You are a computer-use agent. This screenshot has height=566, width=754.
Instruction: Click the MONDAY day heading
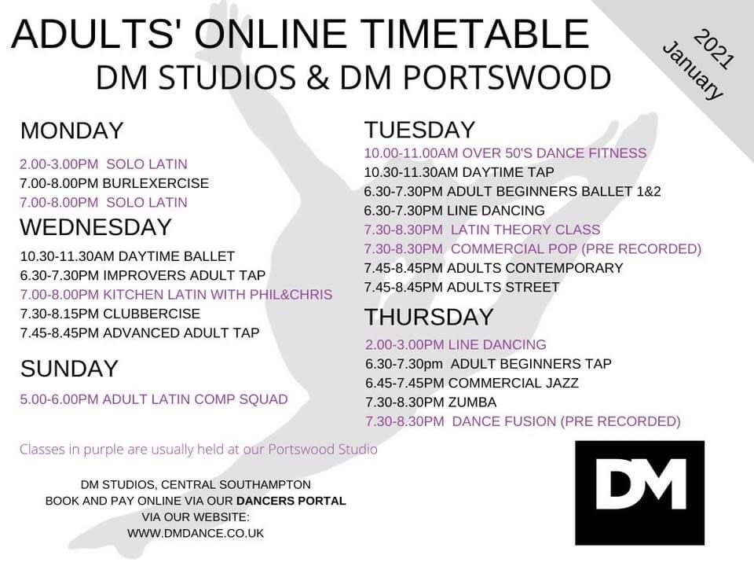coord(72,131)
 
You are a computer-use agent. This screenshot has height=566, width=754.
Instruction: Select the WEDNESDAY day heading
coord(96,227)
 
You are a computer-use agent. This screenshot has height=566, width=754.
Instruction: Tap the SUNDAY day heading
coord(69,369)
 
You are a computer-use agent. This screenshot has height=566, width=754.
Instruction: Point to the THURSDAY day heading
coord(429,317)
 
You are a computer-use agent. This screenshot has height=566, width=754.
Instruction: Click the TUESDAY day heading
coord(419,130)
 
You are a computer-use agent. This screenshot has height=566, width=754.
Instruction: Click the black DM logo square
coord(639,493)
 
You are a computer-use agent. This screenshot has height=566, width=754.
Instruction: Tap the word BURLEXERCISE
coord(156,183)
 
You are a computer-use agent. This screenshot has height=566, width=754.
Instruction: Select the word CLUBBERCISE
coord(152,314)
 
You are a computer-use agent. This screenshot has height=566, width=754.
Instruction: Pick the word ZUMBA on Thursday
coord(472,402)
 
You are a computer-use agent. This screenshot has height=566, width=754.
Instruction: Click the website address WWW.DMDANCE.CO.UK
coord(196,533)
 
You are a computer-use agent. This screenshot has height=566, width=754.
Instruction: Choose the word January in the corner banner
coord(694,72)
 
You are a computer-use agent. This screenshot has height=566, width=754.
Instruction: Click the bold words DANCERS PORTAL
coord(291,501)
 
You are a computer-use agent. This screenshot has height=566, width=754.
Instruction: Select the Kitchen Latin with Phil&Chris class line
coord(176,295)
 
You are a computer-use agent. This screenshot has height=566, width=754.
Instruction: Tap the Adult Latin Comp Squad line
coord(154,399)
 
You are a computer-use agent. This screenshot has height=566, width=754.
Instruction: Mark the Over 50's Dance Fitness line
coord(505,153)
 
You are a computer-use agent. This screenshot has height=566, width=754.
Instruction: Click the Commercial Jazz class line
coord(472,383)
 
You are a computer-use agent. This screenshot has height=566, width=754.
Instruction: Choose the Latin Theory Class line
coord(482,230)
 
